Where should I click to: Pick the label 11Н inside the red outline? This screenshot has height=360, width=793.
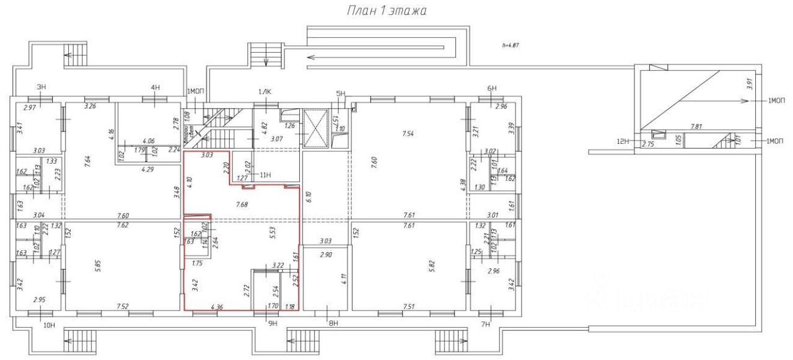(x=265, y=175)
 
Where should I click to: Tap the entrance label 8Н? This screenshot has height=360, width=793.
(x=333, y=323)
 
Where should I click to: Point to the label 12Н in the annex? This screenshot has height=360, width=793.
(x=623, y=143)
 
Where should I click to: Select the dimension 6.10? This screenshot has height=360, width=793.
(x=308, y=199)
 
